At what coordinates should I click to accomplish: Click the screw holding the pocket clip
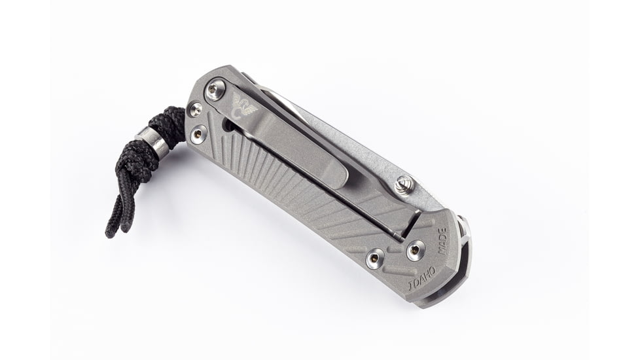pyautogui.click(x=215, y=90)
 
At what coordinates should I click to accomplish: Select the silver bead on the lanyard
pyautogui.click(x=152, y=143)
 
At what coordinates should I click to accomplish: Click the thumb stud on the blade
pyautogui.click(x=403, y=186)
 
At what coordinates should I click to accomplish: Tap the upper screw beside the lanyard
pyautogui.click(x=195, y=109)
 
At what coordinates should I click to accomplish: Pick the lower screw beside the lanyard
pyautogui.click(x=198, y=135)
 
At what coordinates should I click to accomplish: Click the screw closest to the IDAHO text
pyautogui.click(x=375, y=258)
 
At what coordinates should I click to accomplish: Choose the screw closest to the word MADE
pyautogui.click(x=414, y=249)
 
